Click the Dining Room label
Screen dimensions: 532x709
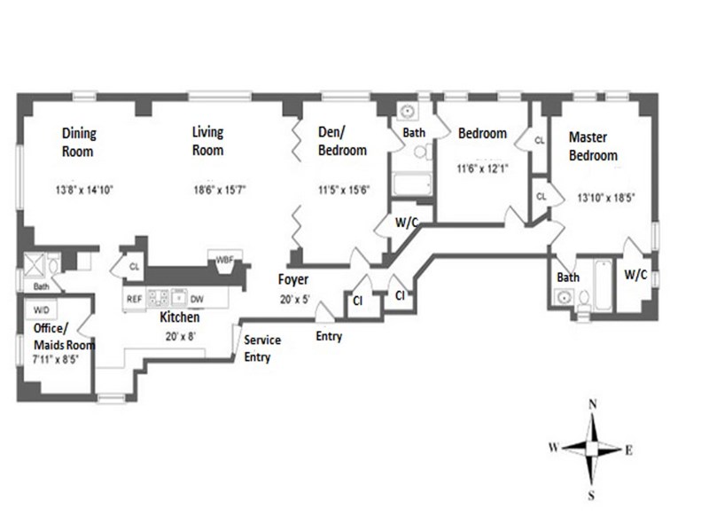(78, 142)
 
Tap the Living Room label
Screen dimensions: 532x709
(208, 141)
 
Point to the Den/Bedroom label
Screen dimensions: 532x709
(342, 142)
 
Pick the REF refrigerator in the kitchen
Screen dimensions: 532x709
(134, 299)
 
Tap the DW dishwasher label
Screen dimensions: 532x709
(198, 299)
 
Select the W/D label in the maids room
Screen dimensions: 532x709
(41, 311)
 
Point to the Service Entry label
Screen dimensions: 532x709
(262, 348)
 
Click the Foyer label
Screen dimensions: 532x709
(292, 280)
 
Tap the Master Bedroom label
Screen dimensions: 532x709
(593, 146)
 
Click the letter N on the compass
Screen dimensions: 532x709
(591, 404)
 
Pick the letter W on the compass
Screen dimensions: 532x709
(553, 448)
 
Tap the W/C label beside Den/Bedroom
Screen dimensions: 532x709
(407, 223)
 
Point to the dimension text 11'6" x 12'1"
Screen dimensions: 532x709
(482, 168)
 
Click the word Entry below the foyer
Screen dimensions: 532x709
(328, 336)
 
